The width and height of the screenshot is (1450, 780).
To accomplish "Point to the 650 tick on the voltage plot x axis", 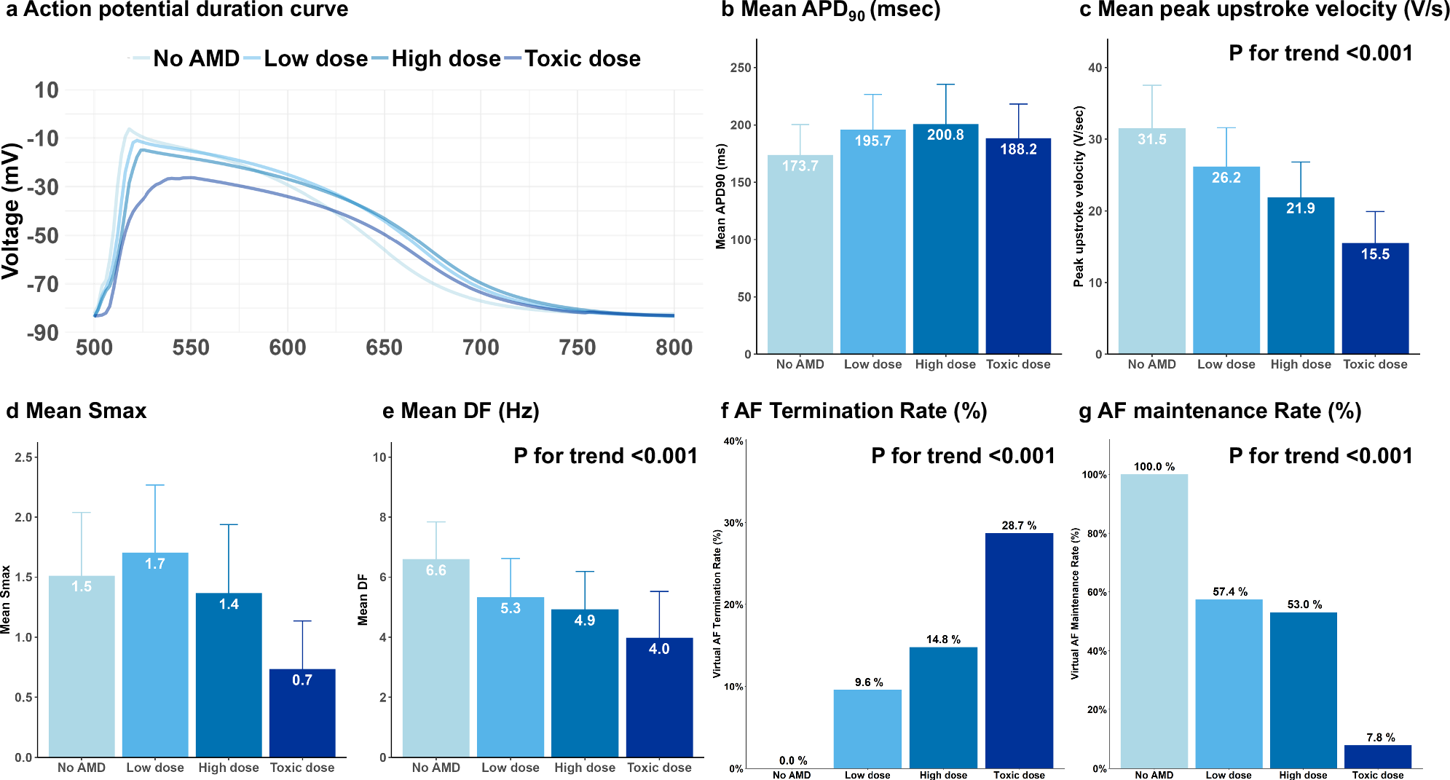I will [x=384, y=347].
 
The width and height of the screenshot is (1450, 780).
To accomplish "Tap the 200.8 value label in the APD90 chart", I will [x=945, y=135].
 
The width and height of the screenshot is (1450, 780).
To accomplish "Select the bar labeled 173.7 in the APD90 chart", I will [x=800, y=255].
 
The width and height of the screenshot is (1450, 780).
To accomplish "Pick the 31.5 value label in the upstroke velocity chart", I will [x=1152, y=139].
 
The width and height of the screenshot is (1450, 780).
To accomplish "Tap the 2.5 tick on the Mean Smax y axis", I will [x=24, y=457].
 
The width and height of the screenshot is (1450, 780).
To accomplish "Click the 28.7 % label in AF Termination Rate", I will [x=1019, y=525].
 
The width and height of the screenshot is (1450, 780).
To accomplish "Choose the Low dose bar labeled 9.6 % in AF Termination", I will [x=867, y=728].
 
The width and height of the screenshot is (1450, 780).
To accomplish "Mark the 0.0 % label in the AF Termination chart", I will [x=792, y=760].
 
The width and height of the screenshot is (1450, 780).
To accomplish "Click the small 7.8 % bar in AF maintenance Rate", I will [x=1377, y=757].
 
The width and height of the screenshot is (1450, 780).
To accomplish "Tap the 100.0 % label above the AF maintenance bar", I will [x=1154, y=466].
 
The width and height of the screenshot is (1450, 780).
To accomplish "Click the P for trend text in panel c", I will [x=1320, y=53].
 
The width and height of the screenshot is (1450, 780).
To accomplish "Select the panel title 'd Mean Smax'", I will [x=76, y=411].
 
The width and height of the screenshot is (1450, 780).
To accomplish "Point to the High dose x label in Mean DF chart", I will [x=584, y=768].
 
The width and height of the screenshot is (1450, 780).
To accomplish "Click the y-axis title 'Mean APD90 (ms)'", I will [x=721, y=197].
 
